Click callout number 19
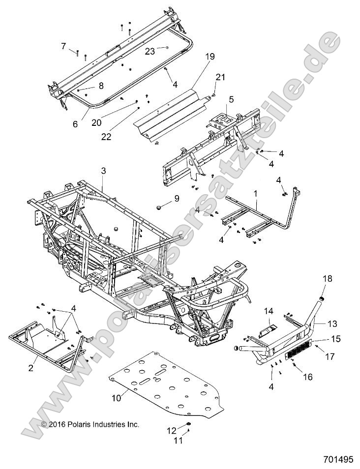pyautogui.click(x=196, y=57)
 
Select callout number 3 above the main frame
pyautogui.click(x=103, y=171)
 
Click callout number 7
pyautogui.click(x=63, y=46)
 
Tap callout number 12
pyautogui.click(x=172, y=430)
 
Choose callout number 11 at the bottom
pyautogui.click(x=178, y=440)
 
